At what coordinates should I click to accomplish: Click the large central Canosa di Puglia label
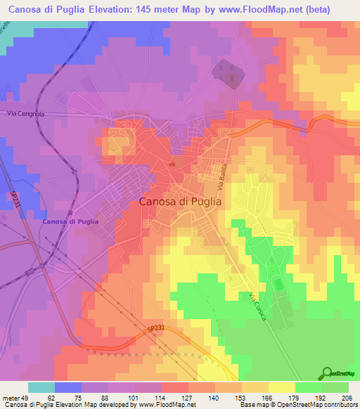point(181,201)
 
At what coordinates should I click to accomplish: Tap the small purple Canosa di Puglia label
point(70,222)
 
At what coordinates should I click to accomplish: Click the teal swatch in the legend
point(41,387)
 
